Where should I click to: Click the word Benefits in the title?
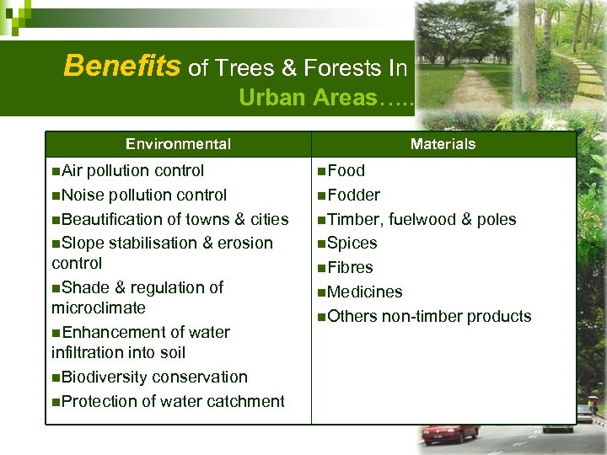pyautogui.click(x=122, y=66)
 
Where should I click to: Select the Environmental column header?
pyautogui.click(x=178, y=144)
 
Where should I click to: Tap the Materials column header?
pyautogui.click(x=443, y=144)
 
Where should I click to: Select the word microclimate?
pyautogui.click(x=98, y=308)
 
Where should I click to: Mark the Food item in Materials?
pyautogui.click(x=346, y=170)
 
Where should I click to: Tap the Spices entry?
pyautogui.click(x=352, y=244)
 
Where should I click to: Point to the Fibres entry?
pyautogui.click(x=350, y=268)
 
